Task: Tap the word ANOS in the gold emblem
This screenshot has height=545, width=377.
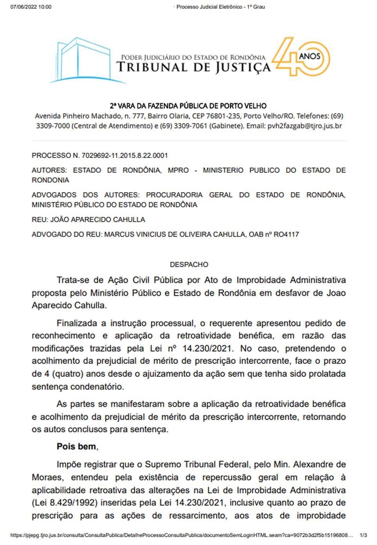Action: [309, 56]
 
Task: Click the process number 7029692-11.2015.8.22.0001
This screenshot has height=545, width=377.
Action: [125, 156]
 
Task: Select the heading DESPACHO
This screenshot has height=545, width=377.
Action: [189, 265]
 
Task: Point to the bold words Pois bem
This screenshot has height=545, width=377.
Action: [77, 447]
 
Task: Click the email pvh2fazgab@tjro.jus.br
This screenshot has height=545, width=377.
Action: [304, 126]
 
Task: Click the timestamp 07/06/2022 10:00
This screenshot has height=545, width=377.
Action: [31, 7]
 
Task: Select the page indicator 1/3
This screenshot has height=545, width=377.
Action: [363, 535]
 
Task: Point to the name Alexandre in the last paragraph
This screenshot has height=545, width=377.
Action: [316, 464]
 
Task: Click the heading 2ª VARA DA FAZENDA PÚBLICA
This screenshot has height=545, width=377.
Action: [188, 106]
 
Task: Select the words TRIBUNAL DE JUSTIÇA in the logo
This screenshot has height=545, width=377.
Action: [193, 68]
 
